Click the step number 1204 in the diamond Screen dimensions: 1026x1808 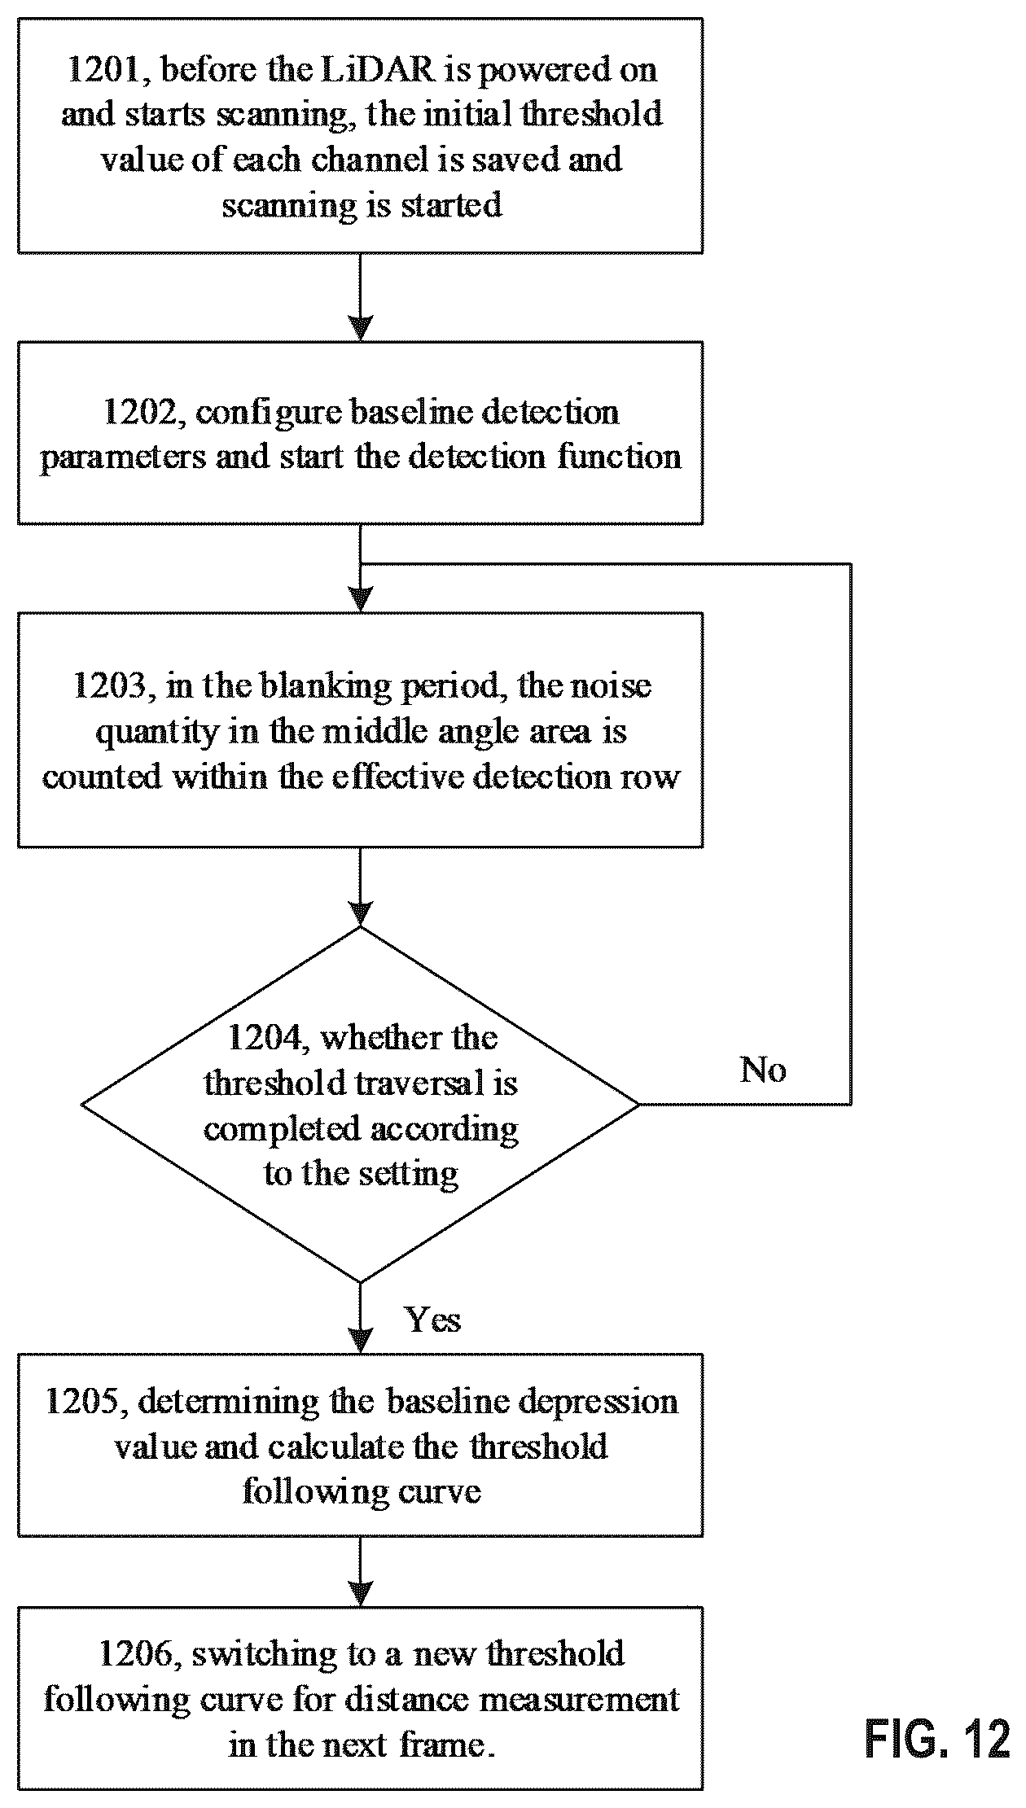point(267,1038)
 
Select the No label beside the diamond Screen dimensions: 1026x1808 point(763,1070)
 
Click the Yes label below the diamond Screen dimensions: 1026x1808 point(433,1320)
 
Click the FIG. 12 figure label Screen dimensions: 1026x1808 point(936,1740)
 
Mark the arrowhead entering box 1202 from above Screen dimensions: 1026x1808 point(360,328)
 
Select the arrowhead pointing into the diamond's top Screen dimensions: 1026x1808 point(360,913)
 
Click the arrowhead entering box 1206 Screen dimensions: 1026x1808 point(360,1593)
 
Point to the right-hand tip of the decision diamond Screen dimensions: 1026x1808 point(638,1105)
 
